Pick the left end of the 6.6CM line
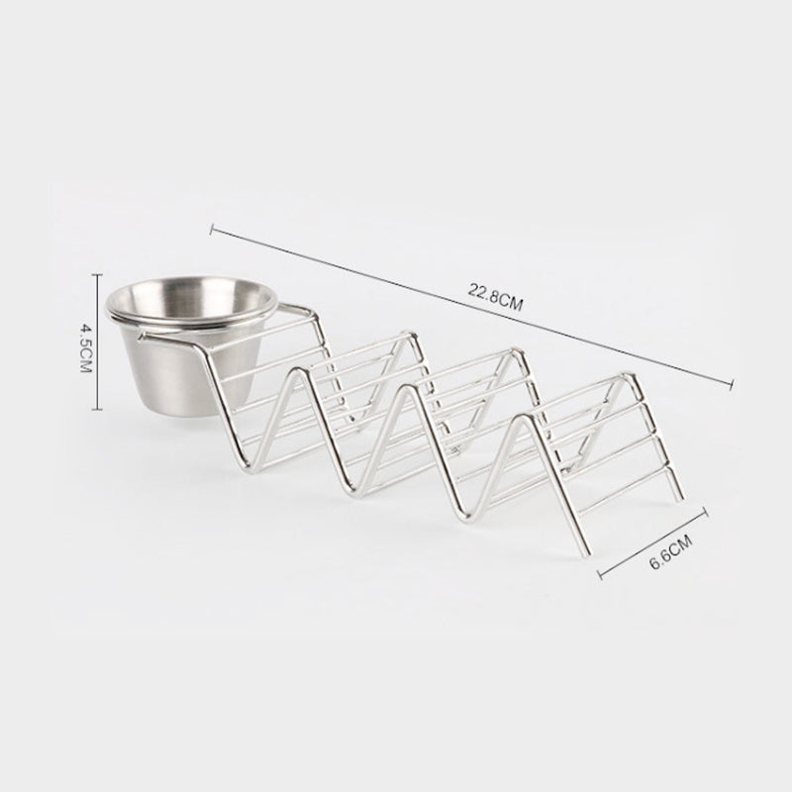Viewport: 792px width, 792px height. coord(600,572)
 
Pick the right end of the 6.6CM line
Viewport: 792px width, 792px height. coord(707,511)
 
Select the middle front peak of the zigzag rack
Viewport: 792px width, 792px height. coord(400,393)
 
